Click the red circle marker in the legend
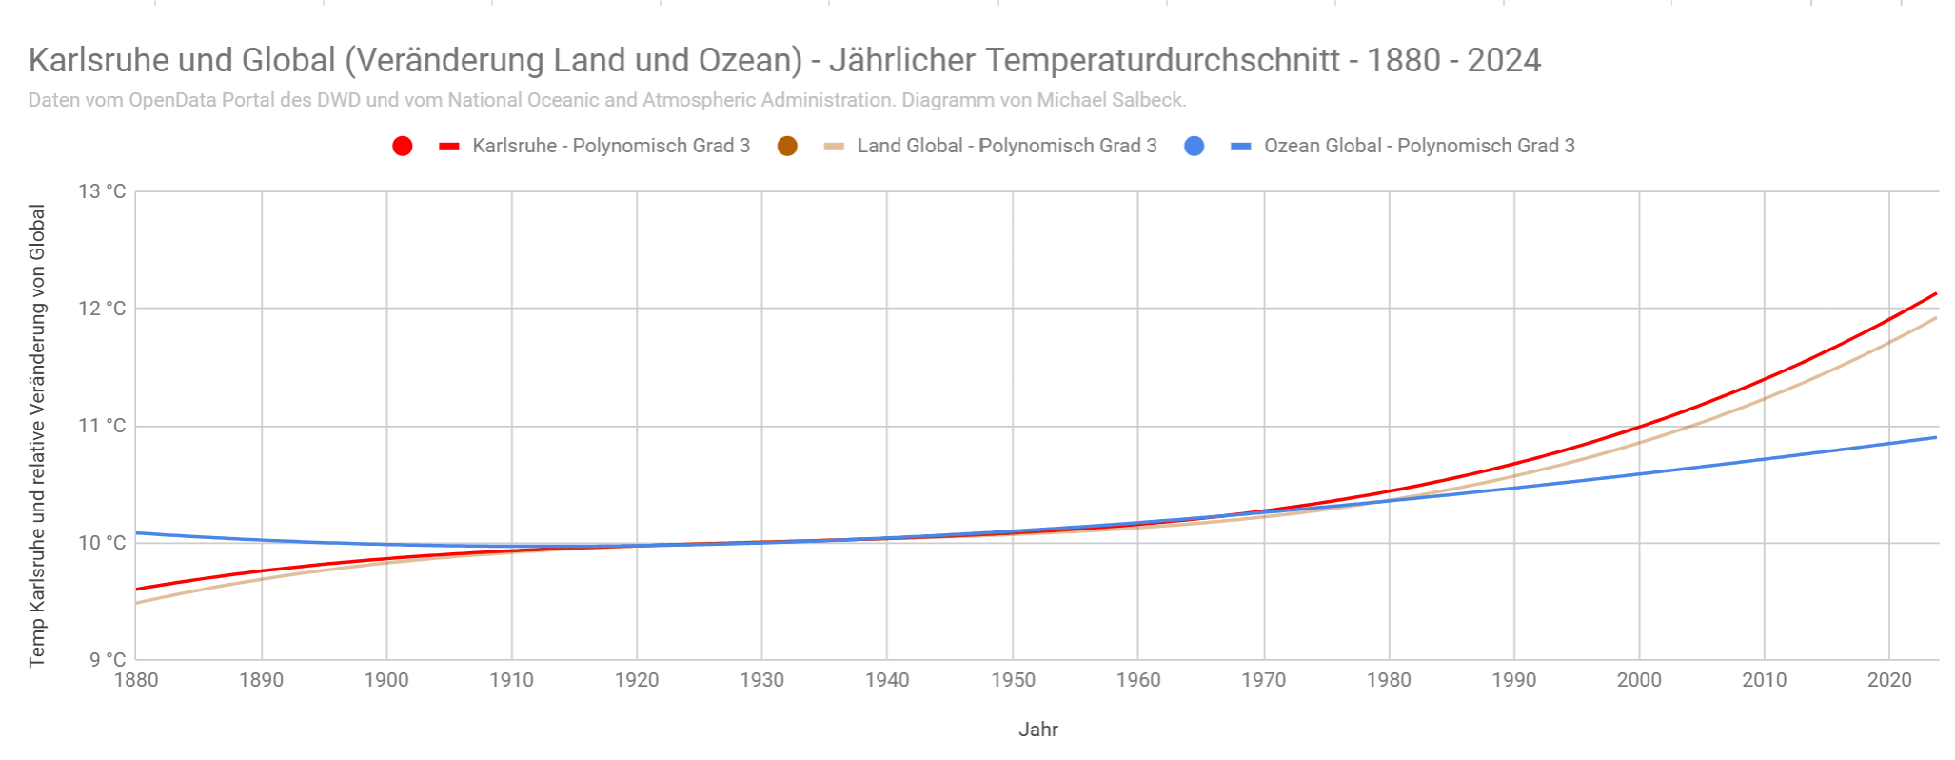click(403, 146)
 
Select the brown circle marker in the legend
click(787, 146)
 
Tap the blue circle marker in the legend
click(1194, 146)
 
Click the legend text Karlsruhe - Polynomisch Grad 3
click(611, 146)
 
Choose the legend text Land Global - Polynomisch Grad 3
click(1007, 146)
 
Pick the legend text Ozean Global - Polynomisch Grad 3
click(1419, 146)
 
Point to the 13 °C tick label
click(102, 191)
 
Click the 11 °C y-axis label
click(102, 426)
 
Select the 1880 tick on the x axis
click(136, 680)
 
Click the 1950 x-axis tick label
click(1013, 680)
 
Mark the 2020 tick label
click(1889, 680)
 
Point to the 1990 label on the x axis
click(1513, 680)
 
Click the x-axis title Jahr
click(1038, 730)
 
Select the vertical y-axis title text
click(37, 435)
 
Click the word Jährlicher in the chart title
click(902, 60)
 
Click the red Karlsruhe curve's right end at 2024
click(1936, 293)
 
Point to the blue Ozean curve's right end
click(1936, 437)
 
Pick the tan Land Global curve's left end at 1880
click(137, 603)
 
